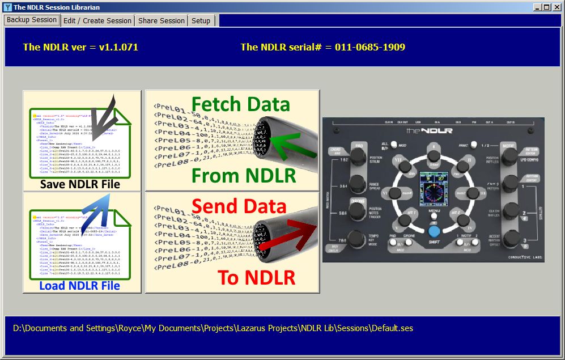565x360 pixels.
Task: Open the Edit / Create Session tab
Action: [97, 20]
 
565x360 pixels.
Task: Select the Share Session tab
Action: [162, 20]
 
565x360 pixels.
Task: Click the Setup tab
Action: [201, 20]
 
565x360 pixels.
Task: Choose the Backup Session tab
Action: [32, 20]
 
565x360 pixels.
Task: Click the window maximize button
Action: [546, 7]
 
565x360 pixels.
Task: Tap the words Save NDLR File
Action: [80, 184]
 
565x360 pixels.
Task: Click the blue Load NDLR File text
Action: [80, 286]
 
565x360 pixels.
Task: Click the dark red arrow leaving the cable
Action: [295, 238]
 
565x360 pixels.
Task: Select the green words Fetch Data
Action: [240, 104]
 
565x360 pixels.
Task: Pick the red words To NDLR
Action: [256, 277]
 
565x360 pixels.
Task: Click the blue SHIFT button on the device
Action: [434, 231]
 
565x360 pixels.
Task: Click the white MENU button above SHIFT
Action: [434, 216]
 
